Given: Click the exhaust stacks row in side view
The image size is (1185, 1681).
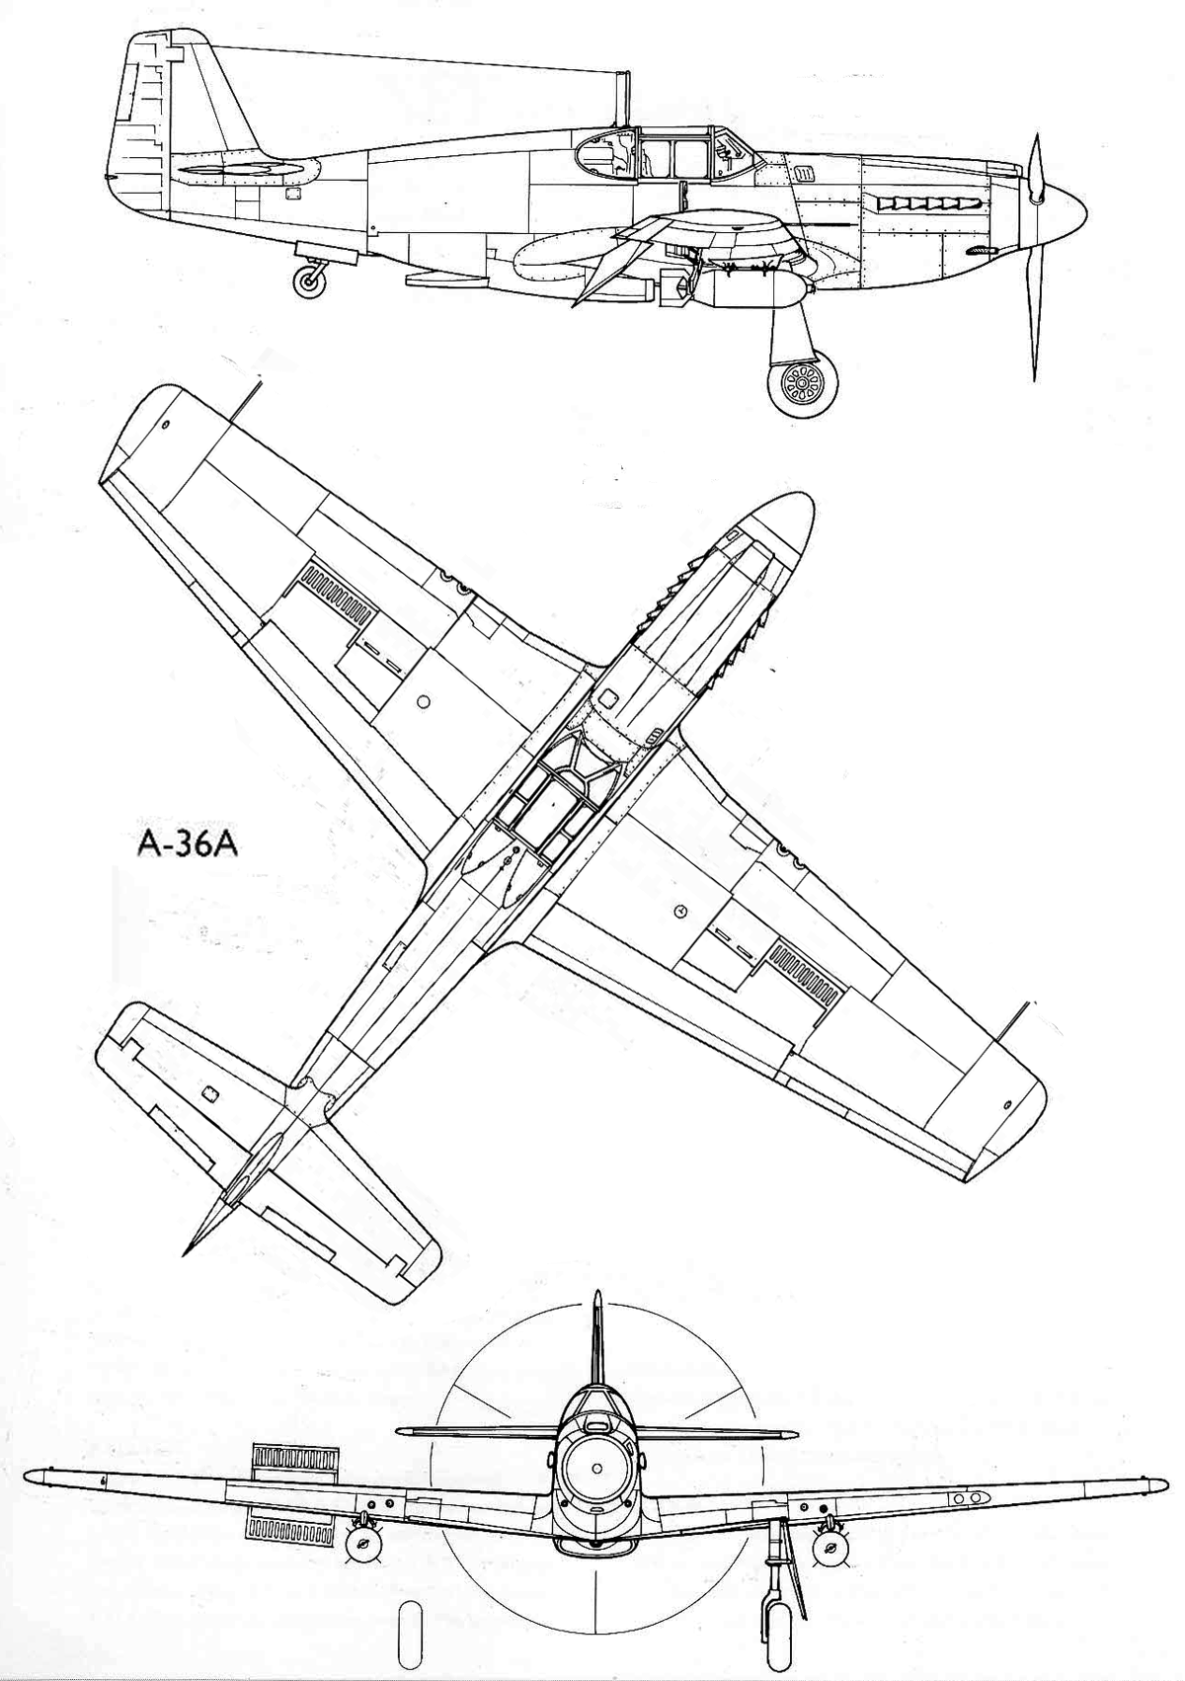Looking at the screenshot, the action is pos(925,202).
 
